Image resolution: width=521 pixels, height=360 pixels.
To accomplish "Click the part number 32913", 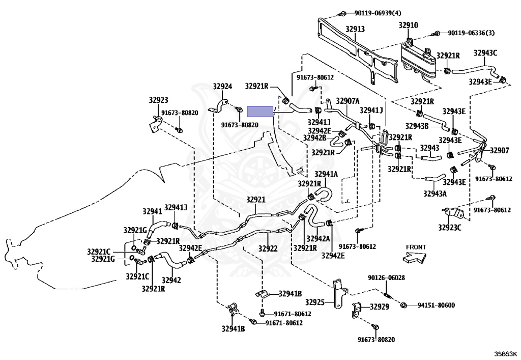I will (355, 30).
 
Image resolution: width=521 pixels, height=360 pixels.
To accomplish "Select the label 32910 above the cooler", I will (408, 25).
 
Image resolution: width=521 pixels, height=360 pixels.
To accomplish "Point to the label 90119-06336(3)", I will (471, 33).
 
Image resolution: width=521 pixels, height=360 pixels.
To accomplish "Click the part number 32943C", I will (485, 52).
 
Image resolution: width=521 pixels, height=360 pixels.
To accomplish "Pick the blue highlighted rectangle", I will (260, 112).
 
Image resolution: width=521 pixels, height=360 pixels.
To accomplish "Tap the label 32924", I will (222, 86).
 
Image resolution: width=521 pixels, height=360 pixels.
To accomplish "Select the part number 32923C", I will (449, 227).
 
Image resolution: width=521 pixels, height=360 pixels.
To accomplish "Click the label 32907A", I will (348, 100).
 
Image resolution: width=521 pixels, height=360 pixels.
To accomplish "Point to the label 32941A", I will (326, 174).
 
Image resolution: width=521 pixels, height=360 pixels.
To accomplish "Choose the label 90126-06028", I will (386, 278).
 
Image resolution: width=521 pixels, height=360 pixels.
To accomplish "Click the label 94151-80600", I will (436, 305).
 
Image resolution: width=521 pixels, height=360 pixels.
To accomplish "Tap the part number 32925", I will (314, 302).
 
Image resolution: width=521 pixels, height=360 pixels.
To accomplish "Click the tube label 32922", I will (268, 248).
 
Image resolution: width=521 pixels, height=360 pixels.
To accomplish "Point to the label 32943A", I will (435, 193).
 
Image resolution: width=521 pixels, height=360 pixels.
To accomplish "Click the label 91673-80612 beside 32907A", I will (315, 77).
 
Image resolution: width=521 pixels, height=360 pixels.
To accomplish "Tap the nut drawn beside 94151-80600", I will (403, 305).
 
